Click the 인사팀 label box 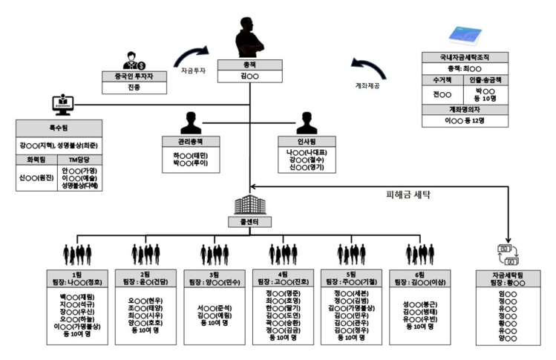(305, 141)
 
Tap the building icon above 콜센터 (249, 204)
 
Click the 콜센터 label (249, 221)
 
